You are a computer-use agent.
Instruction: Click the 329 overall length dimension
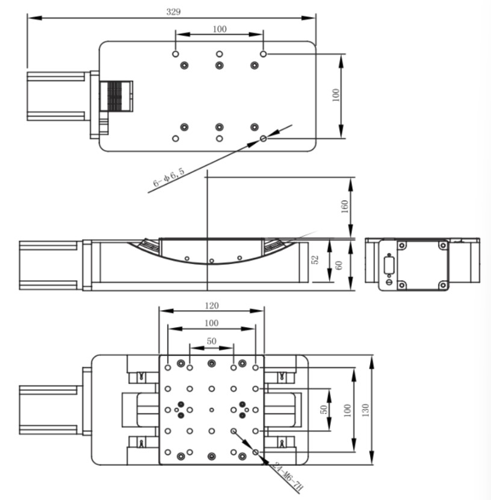[x=173, y=12]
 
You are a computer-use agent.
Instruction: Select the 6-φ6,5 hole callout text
[x=168, y=177]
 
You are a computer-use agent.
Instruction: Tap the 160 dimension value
[x=345, y=207]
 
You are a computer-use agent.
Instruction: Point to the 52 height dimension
[x=315, y=260]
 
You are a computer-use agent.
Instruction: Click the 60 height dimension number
[x=339, y=265]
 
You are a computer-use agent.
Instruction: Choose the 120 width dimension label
[x=212, y=306]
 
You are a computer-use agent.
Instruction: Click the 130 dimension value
[x=366, y=410]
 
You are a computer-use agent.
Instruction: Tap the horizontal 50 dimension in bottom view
[x=212, y=341]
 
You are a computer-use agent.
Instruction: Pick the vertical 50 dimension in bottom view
[x=324, y=410]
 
